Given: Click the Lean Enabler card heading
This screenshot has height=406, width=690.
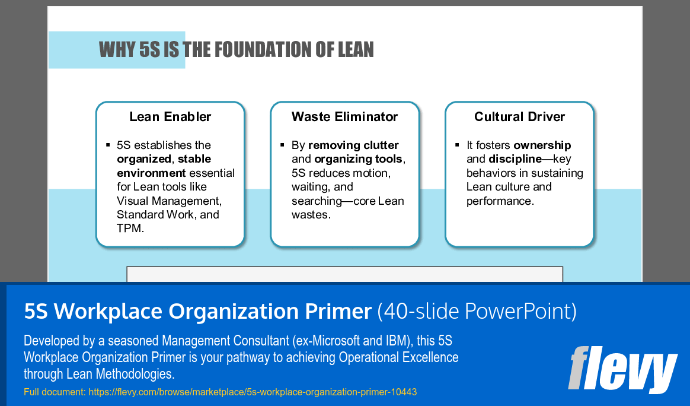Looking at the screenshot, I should pyautogui.click(x=170, y=117).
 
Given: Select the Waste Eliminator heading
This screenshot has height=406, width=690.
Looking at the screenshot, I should pyautogui.click(x=344, y=117).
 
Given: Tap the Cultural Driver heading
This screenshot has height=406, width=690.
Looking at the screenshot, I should pyautogui.click(x=519, y=117).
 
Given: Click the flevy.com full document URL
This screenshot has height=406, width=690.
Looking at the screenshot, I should pyautogui.click(x=253, y=392).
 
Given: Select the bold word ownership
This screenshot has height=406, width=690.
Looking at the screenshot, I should pyautogui.click(x=542, y=145).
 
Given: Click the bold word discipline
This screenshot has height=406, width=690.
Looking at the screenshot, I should pyautogui.click(x=515, y=159).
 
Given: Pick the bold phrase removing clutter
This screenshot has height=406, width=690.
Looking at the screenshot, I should pyautogui.click(x=353, y=145).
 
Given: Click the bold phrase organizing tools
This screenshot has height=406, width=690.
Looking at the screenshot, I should pyautogui.click(x=359, y=159).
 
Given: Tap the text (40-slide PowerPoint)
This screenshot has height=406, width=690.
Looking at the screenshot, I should pyautogui.click(x=477, y=312).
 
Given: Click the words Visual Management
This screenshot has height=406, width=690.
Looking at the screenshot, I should pyautogui.click(x=169, y=201).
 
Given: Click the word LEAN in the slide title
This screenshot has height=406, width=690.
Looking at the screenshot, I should pyautogui.click(x=355, y=50).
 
